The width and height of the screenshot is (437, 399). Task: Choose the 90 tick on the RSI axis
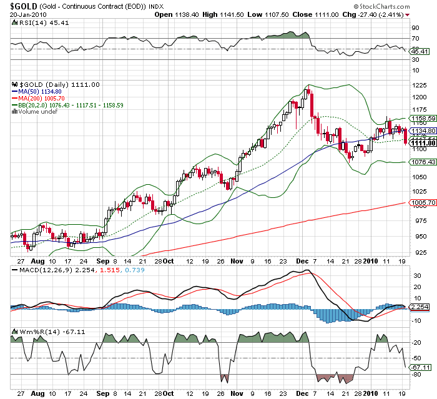[413, 28]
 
